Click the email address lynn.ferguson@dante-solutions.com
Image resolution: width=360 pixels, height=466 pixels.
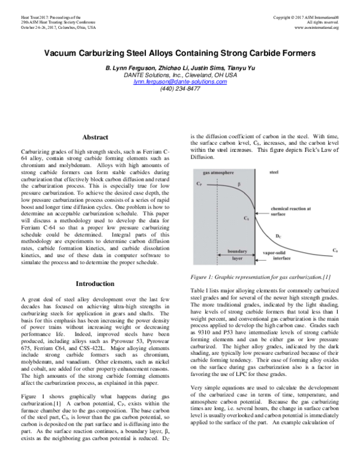(x=180, y=82)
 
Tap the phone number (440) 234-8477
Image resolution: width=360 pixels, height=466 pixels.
(x=180, y=88)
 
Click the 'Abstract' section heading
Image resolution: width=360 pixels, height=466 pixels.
(x=95, y=138)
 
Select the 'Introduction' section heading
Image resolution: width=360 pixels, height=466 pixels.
(x=95, y=283)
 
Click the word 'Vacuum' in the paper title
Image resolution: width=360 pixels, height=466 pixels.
(x=67, y=53)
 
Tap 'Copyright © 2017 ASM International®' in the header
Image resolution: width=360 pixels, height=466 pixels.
(x=305, y=17)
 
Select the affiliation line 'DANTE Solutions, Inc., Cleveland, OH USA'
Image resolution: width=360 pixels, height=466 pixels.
(x=180, y=75)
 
